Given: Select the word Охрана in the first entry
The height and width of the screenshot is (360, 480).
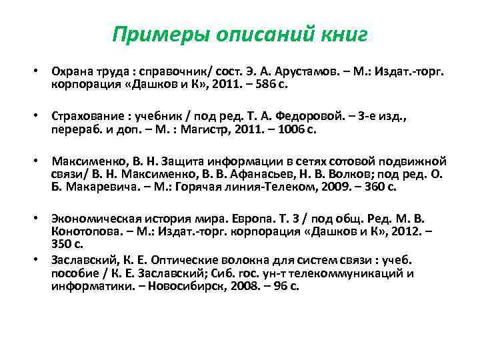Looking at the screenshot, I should (70, 71).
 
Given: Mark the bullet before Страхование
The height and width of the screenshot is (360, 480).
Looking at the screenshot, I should (39, 117).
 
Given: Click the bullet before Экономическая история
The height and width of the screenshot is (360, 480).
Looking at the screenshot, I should (39, 219).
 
